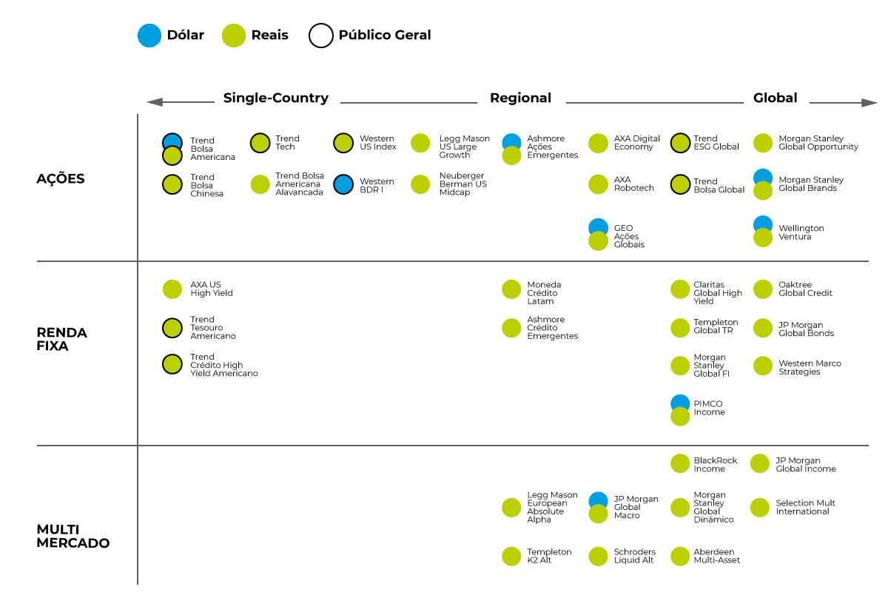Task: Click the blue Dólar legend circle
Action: [149, 36]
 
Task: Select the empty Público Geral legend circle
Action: [320, 24]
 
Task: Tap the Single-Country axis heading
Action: [276, 98]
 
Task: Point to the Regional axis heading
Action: [520, 98]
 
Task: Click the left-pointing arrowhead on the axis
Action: [155, 102]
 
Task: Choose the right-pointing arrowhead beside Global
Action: [869, 103]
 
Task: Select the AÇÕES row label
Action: [61, 179]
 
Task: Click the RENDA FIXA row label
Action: [62, 339]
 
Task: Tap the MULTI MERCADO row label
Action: [73, 536]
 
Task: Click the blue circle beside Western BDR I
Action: [343, 184]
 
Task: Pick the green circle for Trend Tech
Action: [260, 143]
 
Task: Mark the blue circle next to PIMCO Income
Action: [680, 401]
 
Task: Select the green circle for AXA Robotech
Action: [598, 184]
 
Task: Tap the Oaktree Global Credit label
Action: [805, 289]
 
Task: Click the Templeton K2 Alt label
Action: [549, 556]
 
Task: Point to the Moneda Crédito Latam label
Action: [544, 293]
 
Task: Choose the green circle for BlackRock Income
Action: [680, 463]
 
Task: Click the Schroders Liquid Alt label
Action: [635, 556]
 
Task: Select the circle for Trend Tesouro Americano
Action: [172, 328]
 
